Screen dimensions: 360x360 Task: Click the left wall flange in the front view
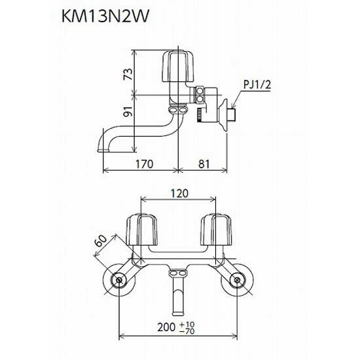pyautogui.click(x=120, y=281)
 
